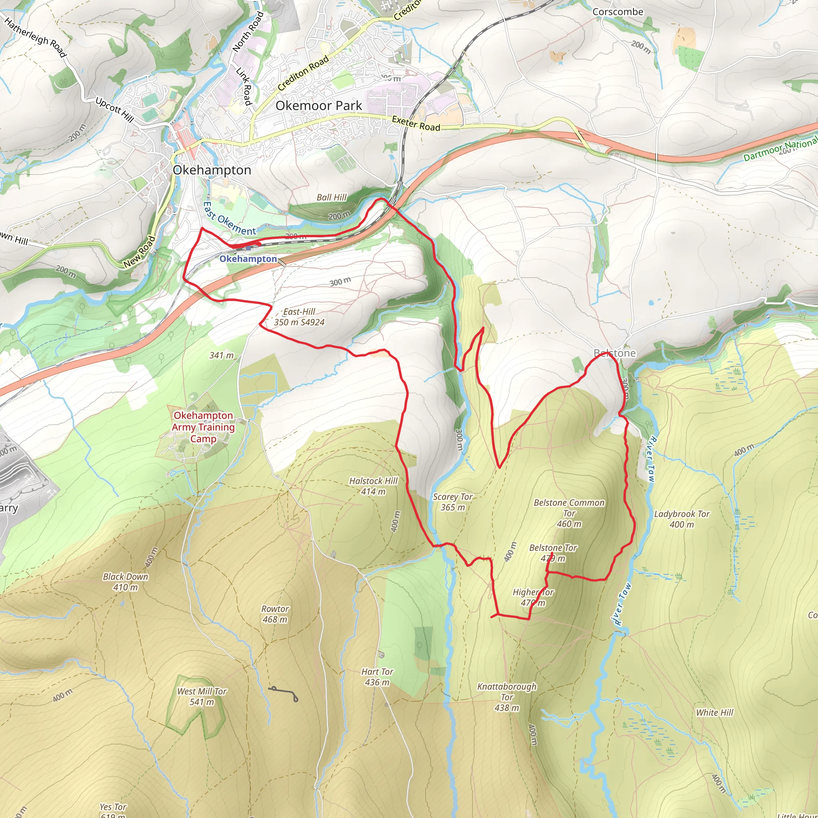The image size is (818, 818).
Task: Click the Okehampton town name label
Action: [212, 170]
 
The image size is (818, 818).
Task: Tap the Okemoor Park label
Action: [318, 105]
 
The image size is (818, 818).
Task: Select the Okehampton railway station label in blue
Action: [248, 259]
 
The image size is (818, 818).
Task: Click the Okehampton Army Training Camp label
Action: [203, 427]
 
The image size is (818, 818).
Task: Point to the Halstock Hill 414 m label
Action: [373, 486]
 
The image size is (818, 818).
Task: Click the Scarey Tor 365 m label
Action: [453, 502]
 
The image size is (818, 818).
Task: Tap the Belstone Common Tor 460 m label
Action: [569, 513]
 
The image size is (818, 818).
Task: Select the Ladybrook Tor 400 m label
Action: [682, 519]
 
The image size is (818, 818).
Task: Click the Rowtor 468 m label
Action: [275, 614]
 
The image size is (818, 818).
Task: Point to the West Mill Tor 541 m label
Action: [202, 697]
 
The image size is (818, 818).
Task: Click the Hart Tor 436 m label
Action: [377, 677]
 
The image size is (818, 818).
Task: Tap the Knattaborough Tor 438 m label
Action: [506, 697]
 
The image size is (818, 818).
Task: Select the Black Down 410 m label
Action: [125, 582]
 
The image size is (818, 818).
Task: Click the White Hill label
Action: [714, 713]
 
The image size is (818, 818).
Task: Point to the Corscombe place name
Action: [617, 12]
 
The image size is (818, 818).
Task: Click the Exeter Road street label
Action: [416, 123]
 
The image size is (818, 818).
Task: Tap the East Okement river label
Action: [228, 219]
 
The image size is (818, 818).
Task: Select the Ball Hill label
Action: [332, 197]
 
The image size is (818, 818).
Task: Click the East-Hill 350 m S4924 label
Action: [299, 317]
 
